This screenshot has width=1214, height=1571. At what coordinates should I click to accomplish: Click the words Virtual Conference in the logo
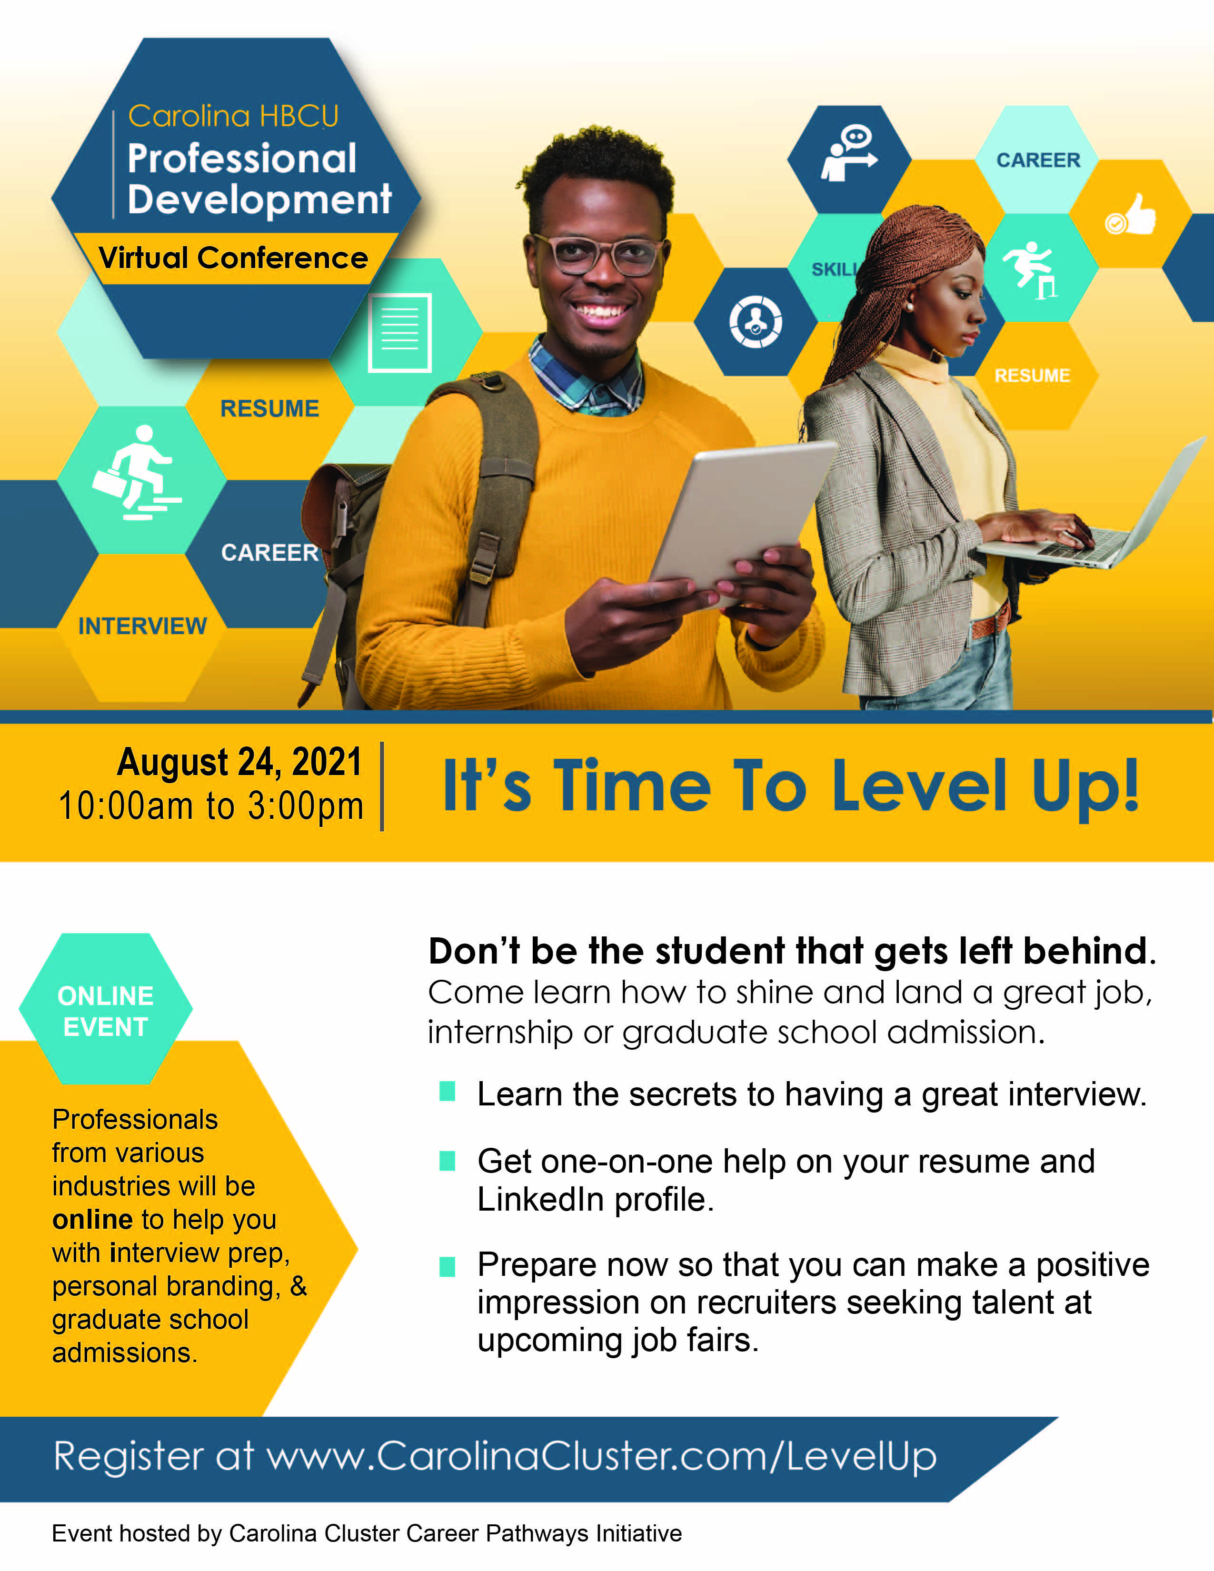pos(233,258)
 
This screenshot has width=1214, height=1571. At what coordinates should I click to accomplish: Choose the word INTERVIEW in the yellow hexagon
pos(142,626)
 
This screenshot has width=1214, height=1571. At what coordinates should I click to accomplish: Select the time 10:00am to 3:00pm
pos(211,805)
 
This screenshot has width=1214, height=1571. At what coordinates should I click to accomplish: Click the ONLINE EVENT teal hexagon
pos(106,1008)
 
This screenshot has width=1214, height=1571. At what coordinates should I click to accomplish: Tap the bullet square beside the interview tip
pos(448,1092)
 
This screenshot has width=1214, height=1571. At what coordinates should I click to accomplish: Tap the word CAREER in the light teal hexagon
pos(1038,159)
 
